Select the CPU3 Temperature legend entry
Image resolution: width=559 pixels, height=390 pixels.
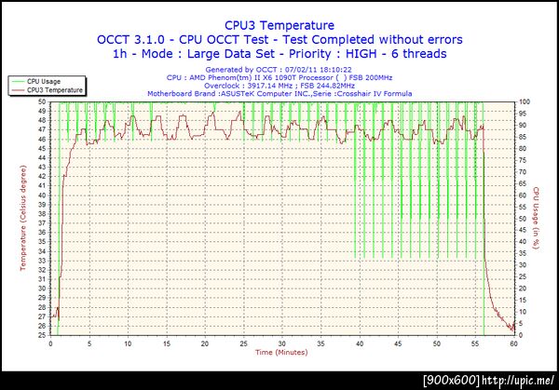[54, 90]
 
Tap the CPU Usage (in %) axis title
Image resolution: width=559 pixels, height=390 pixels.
[537, 219]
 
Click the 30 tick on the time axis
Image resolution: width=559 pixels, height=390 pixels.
[282, 343]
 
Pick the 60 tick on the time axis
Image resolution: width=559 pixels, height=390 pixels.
[513, 343]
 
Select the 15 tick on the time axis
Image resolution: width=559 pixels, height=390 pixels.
[167, 343]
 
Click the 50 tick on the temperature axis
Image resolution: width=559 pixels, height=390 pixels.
[42, 101]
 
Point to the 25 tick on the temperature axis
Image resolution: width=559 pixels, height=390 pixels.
[42, 335]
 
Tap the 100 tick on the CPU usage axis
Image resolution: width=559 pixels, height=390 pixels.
[525, 101]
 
